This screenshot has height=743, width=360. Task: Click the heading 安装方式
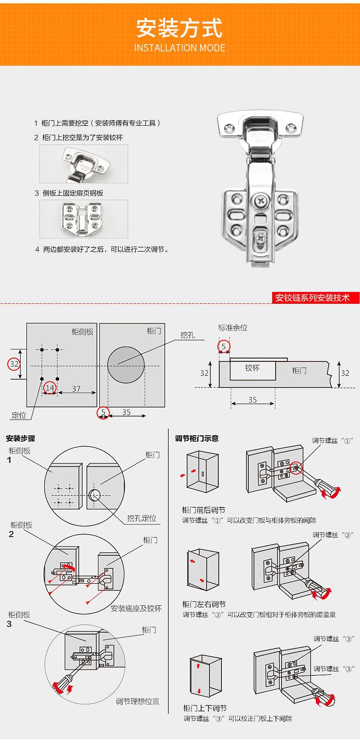[180, 28]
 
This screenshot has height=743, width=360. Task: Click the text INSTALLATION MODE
[180, 48]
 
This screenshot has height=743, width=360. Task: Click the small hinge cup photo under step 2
[84, 164]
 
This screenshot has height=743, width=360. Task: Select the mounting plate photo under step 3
[84, 219]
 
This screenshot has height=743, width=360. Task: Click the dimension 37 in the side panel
[76, 389]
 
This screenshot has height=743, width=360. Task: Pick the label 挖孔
[188, 335]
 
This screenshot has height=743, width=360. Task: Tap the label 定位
[19, 415]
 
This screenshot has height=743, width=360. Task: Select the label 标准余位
[233, 328]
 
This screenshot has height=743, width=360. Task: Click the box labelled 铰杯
[252, 369]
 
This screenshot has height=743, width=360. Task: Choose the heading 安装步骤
[20, 438]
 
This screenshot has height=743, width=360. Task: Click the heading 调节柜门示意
[197, 438]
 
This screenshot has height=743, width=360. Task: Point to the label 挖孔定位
[142, 518]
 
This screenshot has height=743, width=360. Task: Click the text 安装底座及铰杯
[136, 608]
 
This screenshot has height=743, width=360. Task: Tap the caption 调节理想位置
[137, 701]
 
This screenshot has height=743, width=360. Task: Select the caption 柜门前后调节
[204, 510]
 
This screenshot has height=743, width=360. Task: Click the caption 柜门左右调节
[204, 604]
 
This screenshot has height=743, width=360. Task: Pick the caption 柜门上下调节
[205, 708]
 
